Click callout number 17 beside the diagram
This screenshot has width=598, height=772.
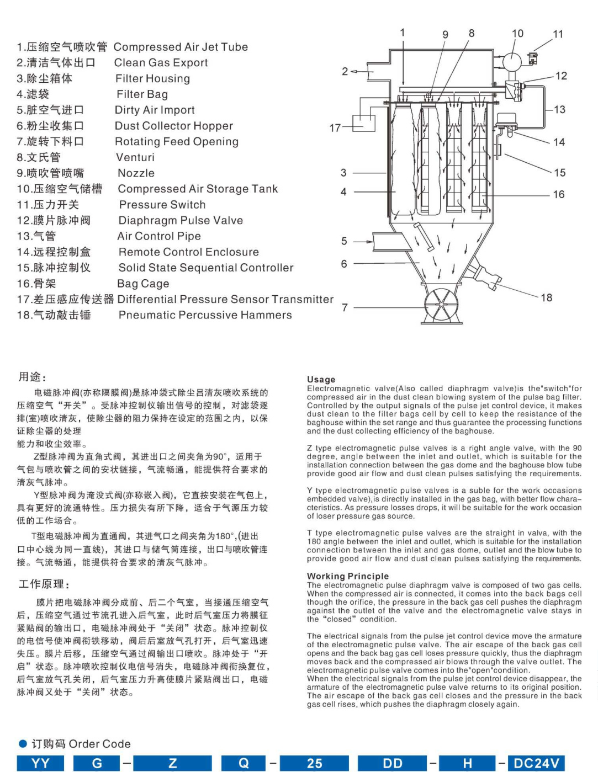335,128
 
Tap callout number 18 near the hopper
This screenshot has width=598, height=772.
546,298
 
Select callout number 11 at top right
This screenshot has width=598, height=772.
558,34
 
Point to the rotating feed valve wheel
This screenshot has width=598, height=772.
443,304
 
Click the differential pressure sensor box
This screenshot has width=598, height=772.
363,123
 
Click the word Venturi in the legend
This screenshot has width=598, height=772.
135,158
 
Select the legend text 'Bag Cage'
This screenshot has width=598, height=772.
143,284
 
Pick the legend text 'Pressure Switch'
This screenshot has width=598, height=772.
162,205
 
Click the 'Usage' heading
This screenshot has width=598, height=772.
321,380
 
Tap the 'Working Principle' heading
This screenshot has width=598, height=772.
348,576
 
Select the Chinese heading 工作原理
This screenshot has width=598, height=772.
44,584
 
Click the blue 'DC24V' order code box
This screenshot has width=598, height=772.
536,763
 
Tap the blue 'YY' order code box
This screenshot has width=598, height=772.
40,763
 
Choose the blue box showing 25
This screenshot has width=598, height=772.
314,763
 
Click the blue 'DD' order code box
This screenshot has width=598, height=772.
393,763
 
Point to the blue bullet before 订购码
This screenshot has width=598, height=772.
23,743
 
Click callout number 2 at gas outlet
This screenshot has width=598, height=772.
345,71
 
